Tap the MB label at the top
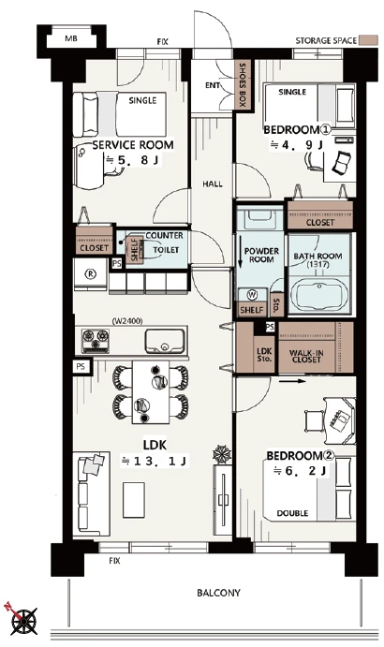click(71, 39)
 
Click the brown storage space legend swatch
click(368, 40)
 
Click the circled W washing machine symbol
click(251, 295)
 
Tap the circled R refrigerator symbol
click(90, 274)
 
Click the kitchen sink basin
click(164, 341)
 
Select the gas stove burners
click(96, 341)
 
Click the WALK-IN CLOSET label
click(306, 356)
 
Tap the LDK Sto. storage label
click(264, 355)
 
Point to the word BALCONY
click(218, 593)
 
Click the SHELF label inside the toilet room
click(135, 249)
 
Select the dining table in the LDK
click(151, 392)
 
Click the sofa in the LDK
click(91, 494)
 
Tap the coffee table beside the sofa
click(134, 500)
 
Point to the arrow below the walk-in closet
click(292, 381)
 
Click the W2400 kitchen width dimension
click(127, 321)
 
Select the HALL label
click(213, 184)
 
